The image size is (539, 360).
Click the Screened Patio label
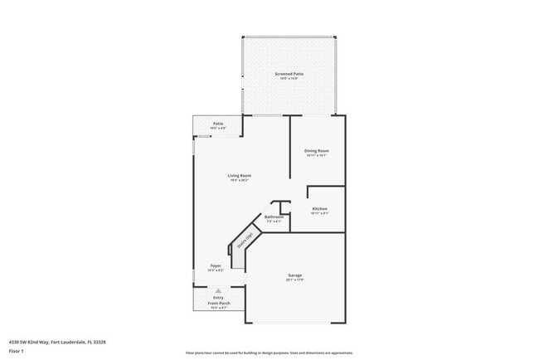pos(289,74)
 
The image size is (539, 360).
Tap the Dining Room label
pos(317,150)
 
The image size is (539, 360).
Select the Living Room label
pos(240,175)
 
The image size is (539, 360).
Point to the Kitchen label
pos(319,208)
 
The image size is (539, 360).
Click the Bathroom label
pos(274,217)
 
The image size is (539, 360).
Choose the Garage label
pos(295,275)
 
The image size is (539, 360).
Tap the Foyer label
pos(216,265)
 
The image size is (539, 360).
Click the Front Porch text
pos(219,304)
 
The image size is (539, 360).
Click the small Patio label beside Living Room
pos(217,124)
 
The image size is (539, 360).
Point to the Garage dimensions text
pos(295,280)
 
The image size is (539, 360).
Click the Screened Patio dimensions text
pos(289,79)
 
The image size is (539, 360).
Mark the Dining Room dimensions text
pos(317,155)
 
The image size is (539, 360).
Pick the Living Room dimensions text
pos(240,180)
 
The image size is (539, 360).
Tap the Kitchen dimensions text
pos(319,213)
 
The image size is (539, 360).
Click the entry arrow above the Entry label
pos(219,292)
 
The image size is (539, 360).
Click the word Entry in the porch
pos(219,299)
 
